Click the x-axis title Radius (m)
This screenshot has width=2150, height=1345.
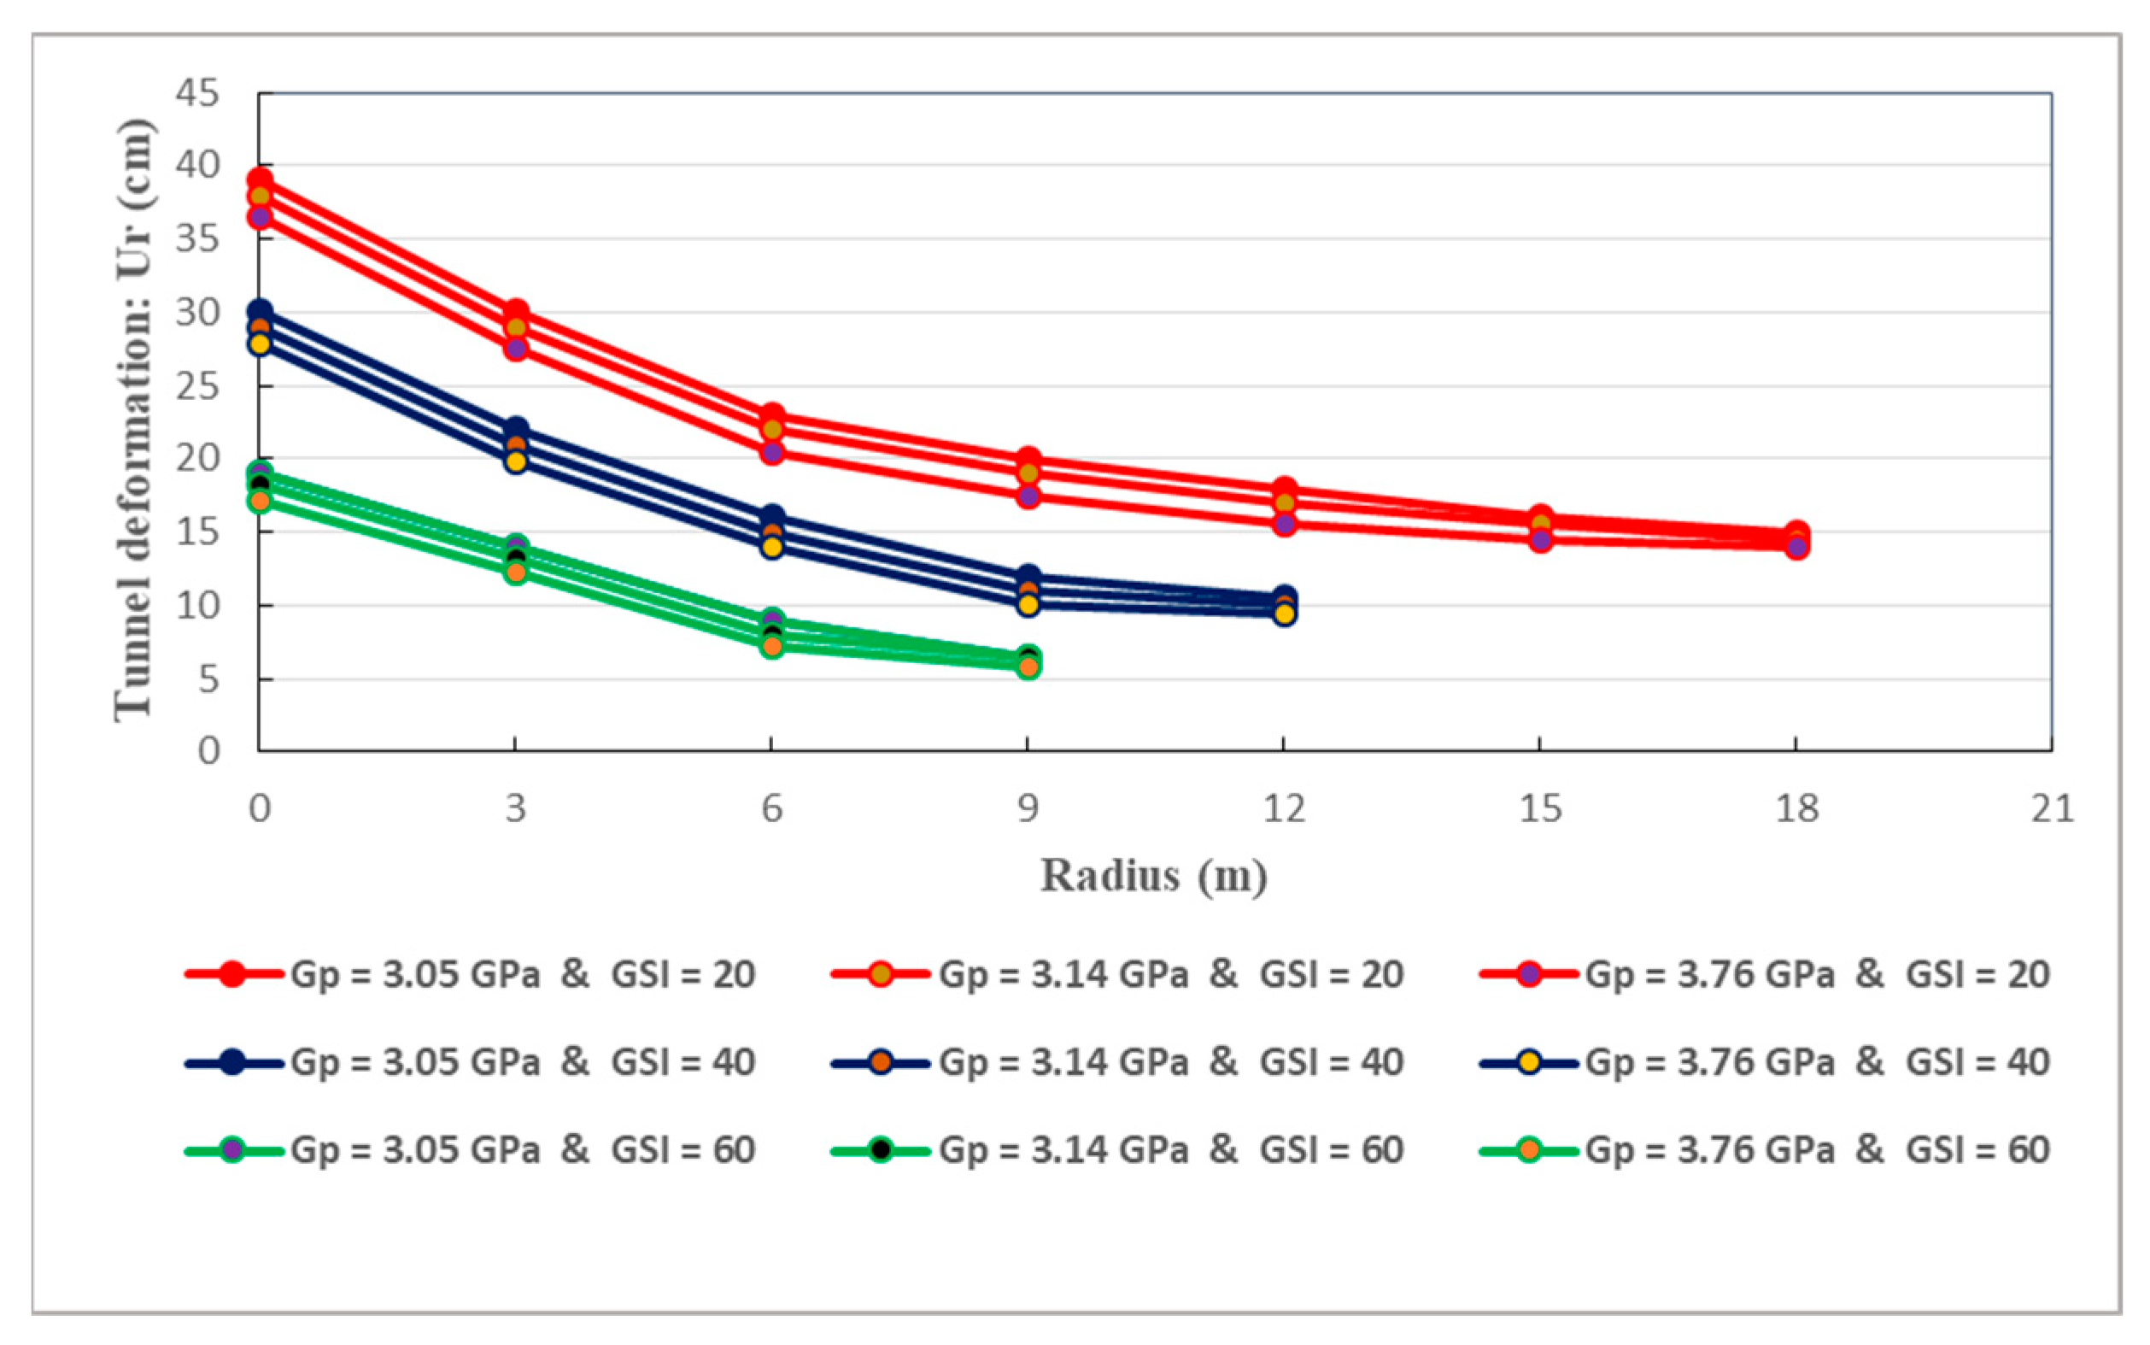1154,875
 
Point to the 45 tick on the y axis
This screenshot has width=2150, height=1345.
196,92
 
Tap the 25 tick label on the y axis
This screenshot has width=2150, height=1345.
196,387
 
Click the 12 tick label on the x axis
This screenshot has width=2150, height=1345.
1284,808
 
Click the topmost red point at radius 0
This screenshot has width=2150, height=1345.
260,180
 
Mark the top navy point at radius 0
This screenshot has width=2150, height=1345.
260,312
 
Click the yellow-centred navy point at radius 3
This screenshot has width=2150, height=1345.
516,461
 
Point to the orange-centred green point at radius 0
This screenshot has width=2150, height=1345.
260,501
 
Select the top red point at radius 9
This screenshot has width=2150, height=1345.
1028,460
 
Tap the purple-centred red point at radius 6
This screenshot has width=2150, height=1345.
772,452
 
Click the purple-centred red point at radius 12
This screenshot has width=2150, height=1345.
1284,524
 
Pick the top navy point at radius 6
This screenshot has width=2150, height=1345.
772,518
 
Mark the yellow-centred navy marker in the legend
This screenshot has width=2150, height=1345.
1528,1062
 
